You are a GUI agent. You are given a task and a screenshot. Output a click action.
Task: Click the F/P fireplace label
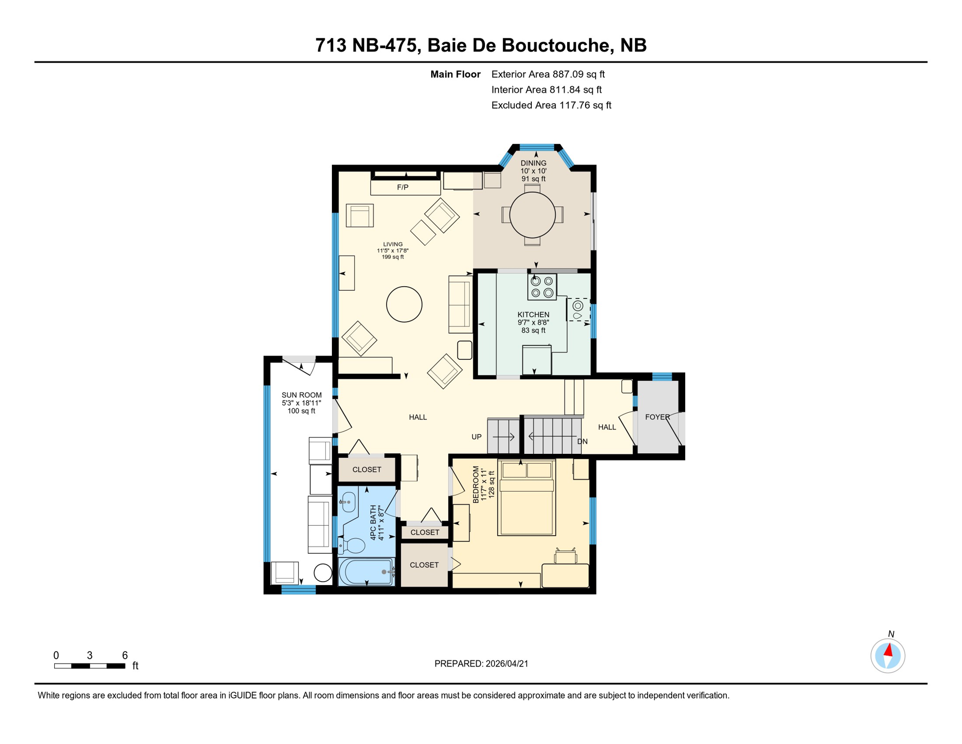(x=403, y=187)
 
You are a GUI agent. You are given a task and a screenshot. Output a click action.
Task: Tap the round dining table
(x=532, y=215)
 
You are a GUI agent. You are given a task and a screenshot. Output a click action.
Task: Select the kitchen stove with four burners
(x=542, y=287)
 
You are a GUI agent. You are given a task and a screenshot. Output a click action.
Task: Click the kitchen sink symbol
(x=578, y=310)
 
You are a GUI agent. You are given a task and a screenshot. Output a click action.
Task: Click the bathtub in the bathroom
(x=366, y=572)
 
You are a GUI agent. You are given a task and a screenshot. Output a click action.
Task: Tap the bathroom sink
(x=348, y=502)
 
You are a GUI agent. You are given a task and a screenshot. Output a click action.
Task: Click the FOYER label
(x=657, y=417)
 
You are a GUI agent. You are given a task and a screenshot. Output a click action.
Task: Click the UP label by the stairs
(x=477, y=437)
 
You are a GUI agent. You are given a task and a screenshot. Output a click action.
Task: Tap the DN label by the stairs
(x=582, y=442)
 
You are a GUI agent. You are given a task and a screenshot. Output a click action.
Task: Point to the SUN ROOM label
(x=301, y=395)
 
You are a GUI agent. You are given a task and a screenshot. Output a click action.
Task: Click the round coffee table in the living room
(x=404, y=304)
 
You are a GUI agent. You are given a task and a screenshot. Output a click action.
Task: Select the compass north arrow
(x=888, y=655)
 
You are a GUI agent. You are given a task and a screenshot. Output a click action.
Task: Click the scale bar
(x=90, y=666)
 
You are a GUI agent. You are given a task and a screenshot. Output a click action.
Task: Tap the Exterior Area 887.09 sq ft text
(x=548, y=74)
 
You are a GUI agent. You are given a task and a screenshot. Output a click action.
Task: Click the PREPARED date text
(x=481, y=664)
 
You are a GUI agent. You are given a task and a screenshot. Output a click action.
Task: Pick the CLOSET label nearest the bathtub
(x=424, y=565)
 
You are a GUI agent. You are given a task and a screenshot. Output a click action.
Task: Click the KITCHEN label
(x=533, y=315)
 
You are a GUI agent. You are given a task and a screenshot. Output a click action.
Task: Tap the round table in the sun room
(x=323, y=573)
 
